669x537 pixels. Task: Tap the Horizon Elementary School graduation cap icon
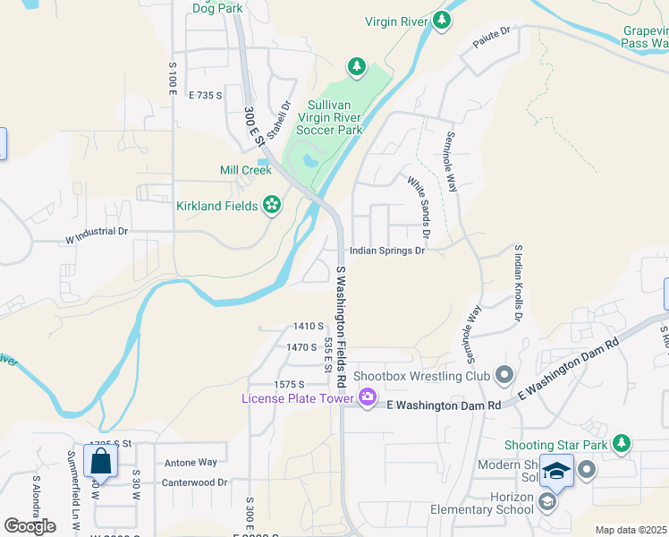click(546, 502)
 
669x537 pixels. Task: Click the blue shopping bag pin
click(100, 462)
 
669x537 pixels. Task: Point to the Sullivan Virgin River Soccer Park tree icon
click(357, 66)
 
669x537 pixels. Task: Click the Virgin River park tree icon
click(440, 21)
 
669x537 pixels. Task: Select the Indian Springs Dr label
click(386, 251)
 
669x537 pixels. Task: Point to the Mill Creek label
click(245, 170)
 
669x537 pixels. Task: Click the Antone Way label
click(191, 463)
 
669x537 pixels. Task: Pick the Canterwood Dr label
click(195, 482)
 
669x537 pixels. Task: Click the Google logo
click(30, 525)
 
